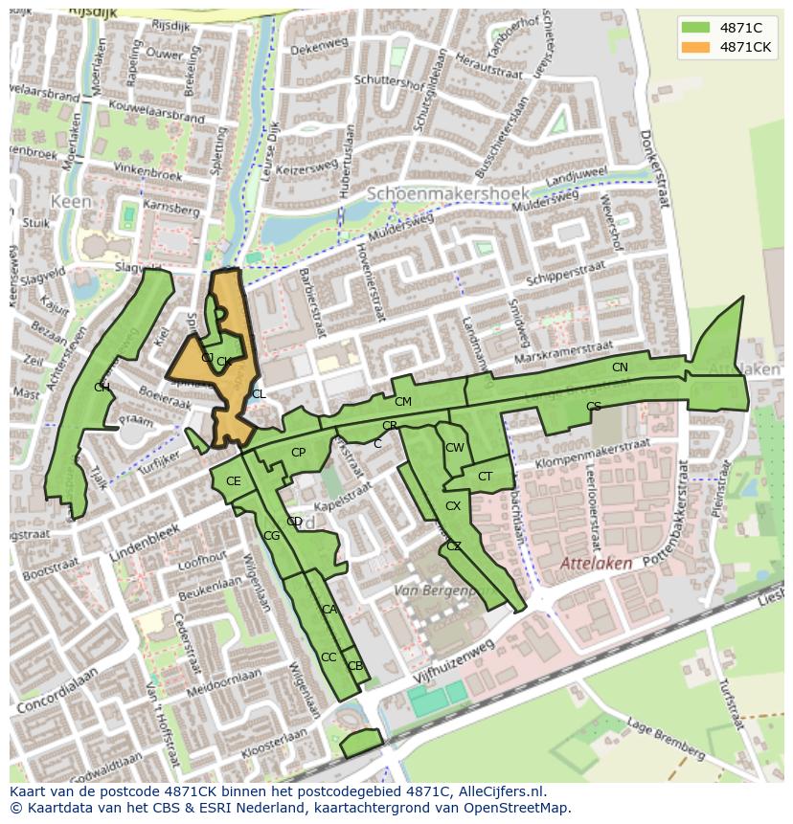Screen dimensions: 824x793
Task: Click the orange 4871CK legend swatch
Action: pyautogui.click(x=696, y=47)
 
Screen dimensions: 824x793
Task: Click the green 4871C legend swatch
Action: pyautogui.click(x=696, y=28)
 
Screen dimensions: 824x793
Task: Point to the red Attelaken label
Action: pyautogui.click(x=596, y=564)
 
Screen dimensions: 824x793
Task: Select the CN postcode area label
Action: pyautogui.click(x=620, y=367)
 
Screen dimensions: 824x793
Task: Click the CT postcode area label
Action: pyautogui.click(x=485, y=477)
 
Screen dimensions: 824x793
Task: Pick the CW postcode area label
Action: pyautogui.click(x=454, y=448)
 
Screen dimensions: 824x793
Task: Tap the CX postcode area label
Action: pyautogui.click(x=453, y=506)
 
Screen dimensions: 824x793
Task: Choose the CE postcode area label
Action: pyautogui.click(x=234, y=481)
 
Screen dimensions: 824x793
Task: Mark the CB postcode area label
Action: pyautogui.click(x=354, y=666)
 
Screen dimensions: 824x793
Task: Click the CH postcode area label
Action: pyautogui.click(x=102, y=387)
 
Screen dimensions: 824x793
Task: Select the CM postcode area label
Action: pyautogui.click(x=402, y=402)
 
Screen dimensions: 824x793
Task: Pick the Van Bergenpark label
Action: pyautogui.click(x=436, y=591)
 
